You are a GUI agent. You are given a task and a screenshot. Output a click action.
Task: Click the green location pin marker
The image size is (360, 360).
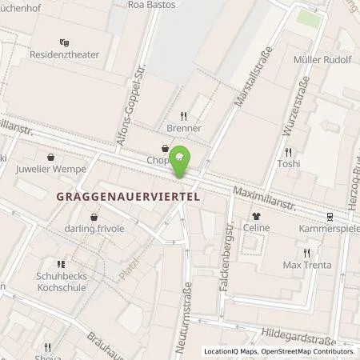[x=182, y=159]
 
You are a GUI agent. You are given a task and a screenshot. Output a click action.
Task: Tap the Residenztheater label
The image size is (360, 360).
[x=63, y=58]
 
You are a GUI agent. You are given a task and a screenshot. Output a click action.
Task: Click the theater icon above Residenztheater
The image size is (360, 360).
[x=64, y=43]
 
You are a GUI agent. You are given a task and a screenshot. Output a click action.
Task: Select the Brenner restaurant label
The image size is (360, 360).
[x=185, y=128]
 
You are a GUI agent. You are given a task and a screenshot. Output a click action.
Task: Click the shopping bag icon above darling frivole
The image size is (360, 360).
[x=95, y=217]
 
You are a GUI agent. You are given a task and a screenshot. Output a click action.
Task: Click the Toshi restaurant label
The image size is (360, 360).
[x=288, y=164]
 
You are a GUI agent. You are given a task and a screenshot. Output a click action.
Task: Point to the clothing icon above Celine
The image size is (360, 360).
[x=257, y=215]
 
